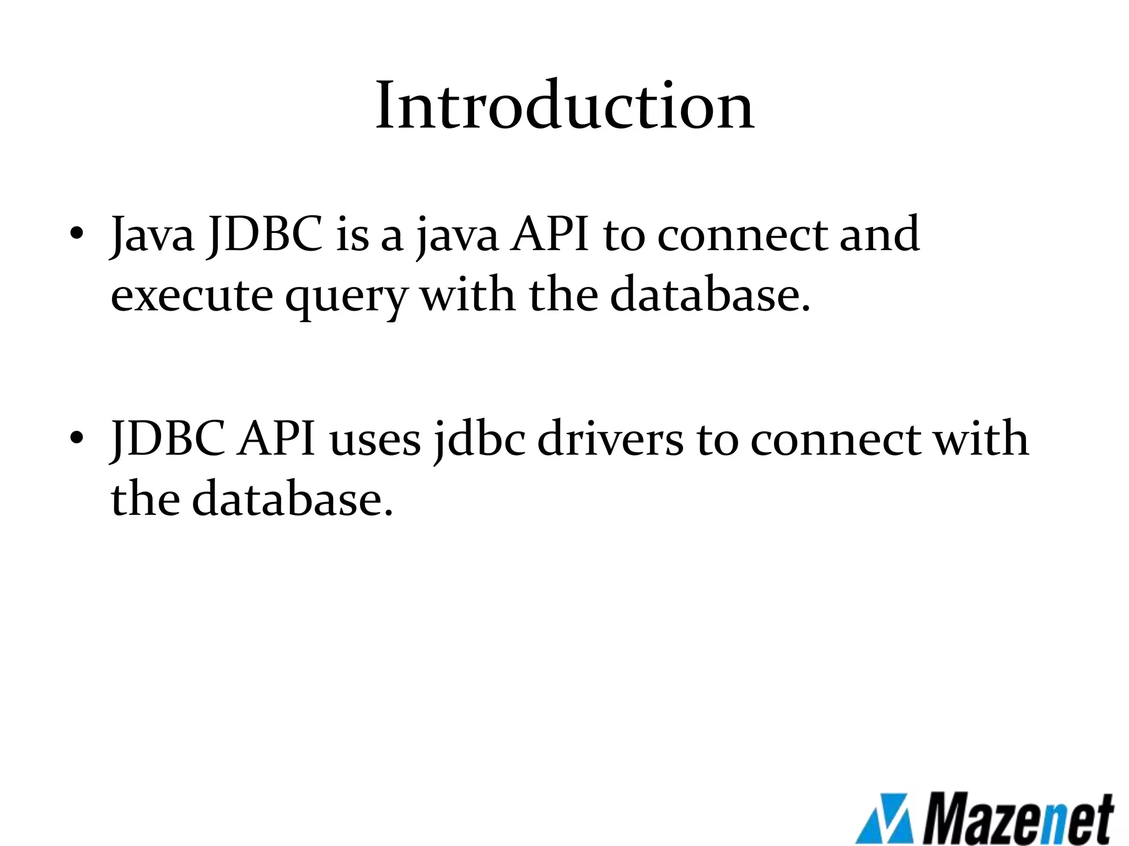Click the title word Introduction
[x=564, y=106]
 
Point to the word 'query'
[x=346, y=297]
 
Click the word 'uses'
[x=375, y=441]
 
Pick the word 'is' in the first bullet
[x=352, y=235]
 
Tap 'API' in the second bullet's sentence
[x=276, y=439]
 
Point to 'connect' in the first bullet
[x=742, y=236]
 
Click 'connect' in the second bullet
[x=835, y=440]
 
